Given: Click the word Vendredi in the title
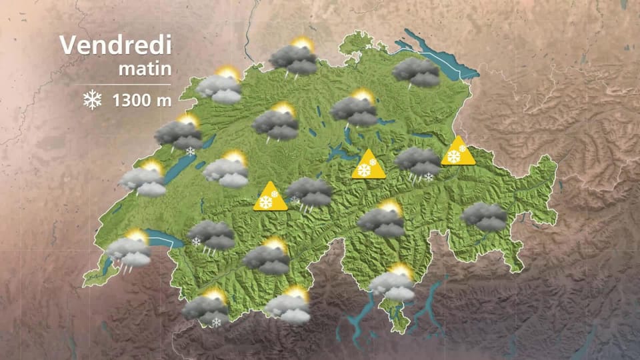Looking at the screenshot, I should pos(115,46).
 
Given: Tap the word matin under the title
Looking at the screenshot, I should pos(145,68).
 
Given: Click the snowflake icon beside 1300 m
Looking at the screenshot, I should pos(92,101).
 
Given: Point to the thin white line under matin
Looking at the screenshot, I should pos(127,84).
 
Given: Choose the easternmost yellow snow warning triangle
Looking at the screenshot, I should pos(458,153).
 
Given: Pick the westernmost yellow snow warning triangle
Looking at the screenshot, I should pos(270,198).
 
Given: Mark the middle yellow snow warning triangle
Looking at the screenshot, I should pos(369,165).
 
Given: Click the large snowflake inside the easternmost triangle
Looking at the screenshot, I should pos(454,157).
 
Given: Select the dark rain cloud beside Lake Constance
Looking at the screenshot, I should pos(417,72).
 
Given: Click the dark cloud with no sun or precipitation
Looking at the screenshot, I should pos(485,217).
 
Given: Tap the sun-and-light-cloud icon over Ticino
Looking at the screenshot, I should pos(393,283).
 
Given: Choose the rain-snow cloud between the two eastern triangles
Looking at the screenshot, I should pos(418,163).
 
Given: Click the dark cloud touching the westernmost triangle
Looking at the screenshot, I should pos(309,193).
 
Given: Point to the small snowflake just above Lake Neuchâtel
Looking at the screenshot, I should pos(191,152).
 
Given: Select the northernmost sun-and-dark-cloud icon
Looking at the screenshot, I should pos(294,59).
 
